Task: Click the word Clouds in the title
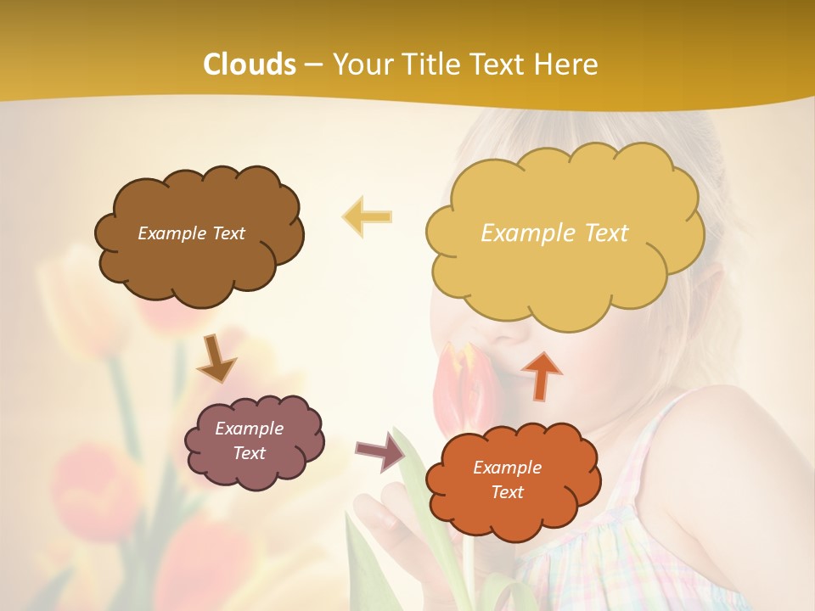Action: click(x=250, y=64)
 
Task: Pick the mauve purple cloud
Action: click(x=255, y=471)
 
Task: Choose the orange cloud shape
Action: click(x=514, y=518)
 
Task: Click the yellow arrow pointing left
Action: click(x=367, y=216)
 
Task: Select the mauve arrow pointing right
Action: click(x=379, y=451)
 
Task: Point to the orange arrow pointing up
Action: click(x=541, y=375)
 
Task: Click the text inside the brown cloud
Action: click(x=191, y=233)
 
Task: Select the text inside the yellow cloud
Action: click(x=554, y=233)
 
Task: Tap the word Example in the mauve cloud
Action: click(x=249, y=429)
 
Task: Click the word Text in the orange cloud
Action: click(x=507, y=492)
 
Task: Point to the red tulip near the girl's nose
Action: click(x=458, y=386)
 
